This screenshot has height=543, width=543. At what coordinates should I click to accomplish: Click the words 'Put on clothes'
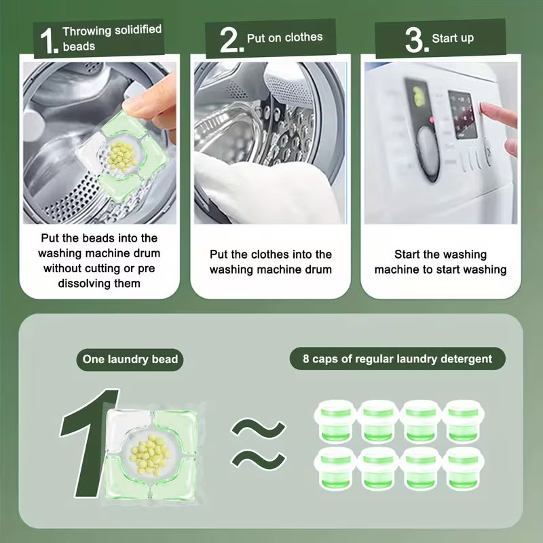[284, 37]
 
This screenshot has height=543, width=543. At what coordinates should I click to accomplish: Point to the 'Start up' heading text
[453, 38]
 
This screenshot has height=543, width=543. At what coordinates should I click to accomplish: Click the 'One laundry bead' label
[130, 359]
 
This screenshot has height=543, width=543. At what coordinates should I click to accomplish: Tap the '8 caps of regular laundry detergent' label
[398, 359]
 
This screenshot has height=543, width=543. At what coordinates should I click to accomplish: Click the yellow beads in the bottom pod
[150, 455]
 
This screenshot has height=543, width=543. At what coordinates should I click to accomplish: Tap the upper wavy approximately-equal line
[258, 428]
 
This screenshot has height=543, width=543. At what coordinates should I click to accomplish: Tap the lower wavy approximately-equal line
[258, 459]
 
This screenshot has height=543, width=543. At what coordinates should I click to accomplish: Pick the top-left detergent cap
[335, 421]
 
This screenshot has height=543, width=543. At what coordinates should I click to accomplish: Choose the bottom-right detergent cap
[463, 468]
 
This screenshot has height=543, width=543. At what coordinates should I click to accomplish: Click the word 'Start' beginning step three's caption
[407, 255]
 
